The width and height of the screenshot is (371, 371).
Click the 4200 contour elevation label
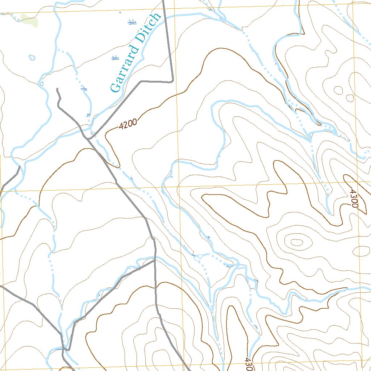[128, 124]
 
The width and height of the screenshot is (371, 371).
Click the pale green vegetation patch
[29, 20]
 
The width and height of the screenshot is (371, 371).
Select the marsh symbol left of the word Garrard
[115, 58]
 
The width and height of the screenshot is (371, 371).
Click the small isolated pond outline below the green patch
[32, 58]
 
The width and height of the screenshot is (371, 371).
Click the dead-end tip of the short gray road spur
[57, 89]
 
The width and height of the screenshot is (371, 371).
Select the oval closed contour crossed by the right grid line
[361, 251]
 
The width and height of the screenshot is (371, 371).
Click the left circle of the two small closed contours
[338, 90]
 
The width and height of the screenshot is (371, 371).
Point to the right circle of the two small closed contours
[350, 98]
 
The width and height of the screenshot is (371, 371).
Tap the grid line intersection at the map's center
[178, 188]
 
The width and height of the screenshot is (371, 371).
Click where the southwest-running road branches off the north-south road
[155, 259]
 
